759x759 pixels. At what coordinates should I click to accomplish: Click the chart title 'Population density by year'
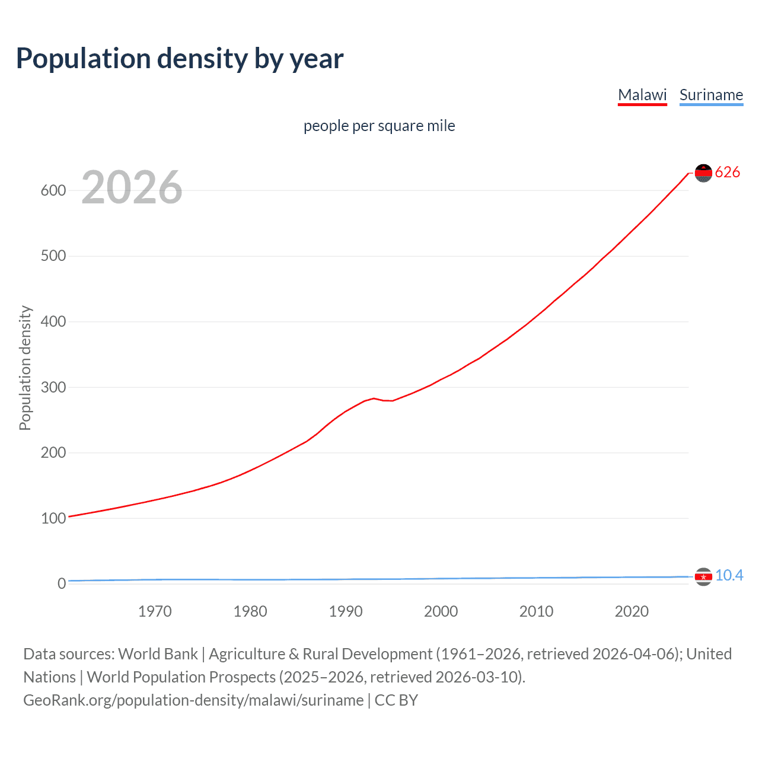(x=180, y=59)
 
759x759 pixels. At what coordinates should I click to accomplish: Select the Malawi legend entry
(x=642, y=95)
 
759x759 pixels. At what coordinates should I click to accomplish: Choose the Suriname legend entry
(x=711, y=95)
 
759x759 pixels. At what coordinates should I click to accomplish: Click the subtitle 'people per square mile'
(x=379, y=126)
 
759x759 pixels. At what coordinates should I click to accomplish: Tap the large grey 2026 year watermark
(x=132, y=187)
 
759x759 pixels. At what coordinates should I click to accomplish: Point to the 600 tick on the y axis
(x=53, y=190)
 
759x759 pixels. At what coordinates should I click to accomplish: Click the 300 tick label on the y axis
(x=53, y=387)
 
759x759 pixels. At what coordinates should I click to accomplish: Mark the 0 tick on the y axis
(x=61, y=583)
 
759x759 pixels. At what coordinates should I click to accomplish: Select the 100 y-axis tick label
(x=53, y=518)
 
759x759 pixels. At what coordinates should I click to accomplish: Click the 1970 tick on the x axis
(x=155, y=611)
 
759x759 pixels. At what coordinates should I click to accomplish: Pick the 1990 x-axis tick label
(x=346, y=611)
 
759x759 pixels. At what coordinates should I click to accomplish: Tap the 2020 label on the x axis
(x=632, y=611)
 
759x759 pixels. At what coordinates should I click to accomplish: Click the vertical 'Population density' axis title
(x=25, y=368)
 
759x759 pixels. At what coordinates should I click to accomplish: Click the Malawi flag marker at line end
(x=703, y=173)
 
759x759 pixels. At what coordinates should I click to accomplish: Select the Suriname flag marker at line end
(x=703, y=576)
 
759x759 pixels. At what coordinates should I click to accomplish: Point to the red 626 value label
(x=728, y=173)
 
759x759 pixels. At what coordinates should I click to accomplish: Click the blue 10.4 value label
(x=729, y=576)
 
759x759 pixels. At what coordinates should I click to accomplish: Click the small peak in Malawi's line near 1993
(x=374, y=398)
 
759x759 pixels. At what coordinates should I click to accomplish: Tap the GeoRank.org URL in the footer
(x=193, y=700)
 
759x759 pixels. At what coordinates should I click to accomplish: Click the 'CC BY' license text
(x=396, y=700)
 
